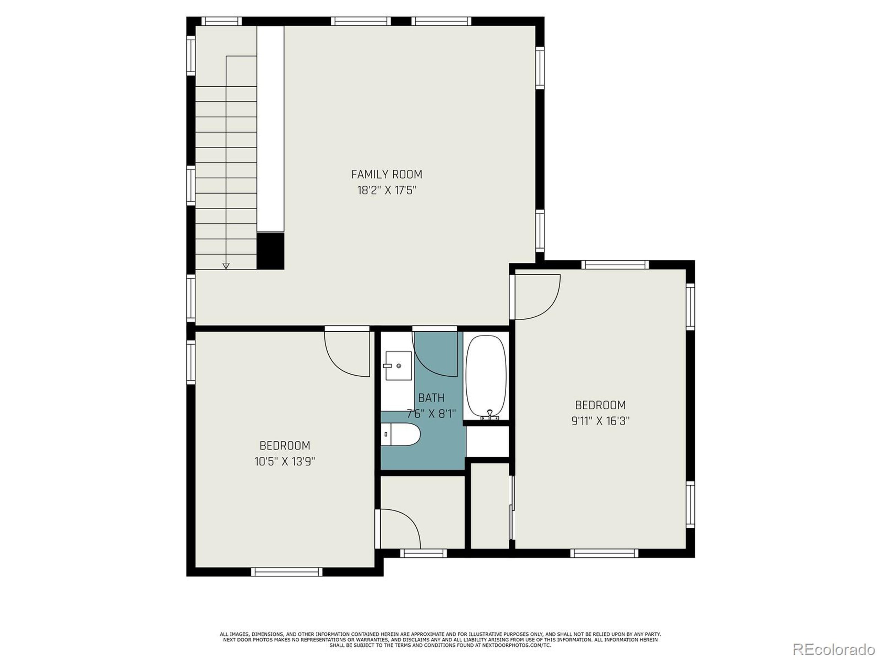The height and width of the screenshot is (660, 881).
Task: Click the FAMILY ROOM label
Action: (386, 174)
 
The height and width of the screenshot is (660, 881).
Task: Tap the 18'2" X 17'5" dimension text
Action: (386, 190)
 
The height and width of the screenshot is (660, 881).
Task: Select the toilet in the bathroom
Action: (400, 434)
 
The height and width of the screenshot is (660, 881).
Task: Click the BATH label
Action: (431, 398)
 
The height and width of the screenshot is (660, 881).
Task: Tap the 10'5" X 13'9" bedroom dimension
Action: (285, 461)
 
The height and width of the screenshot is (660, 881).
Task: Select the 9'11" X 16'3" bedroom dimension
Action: (600, 421)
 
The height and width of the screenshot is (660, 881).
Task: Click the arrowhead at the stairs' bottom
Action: (226, 266)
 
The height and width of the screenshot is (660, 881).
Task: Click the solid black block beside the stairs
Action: (270, 251)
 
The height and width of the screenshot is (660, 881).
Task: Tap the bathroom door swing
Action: (435, 354)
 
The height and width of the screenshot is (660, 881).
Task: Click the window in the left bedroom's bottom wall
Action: (287, 572)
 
